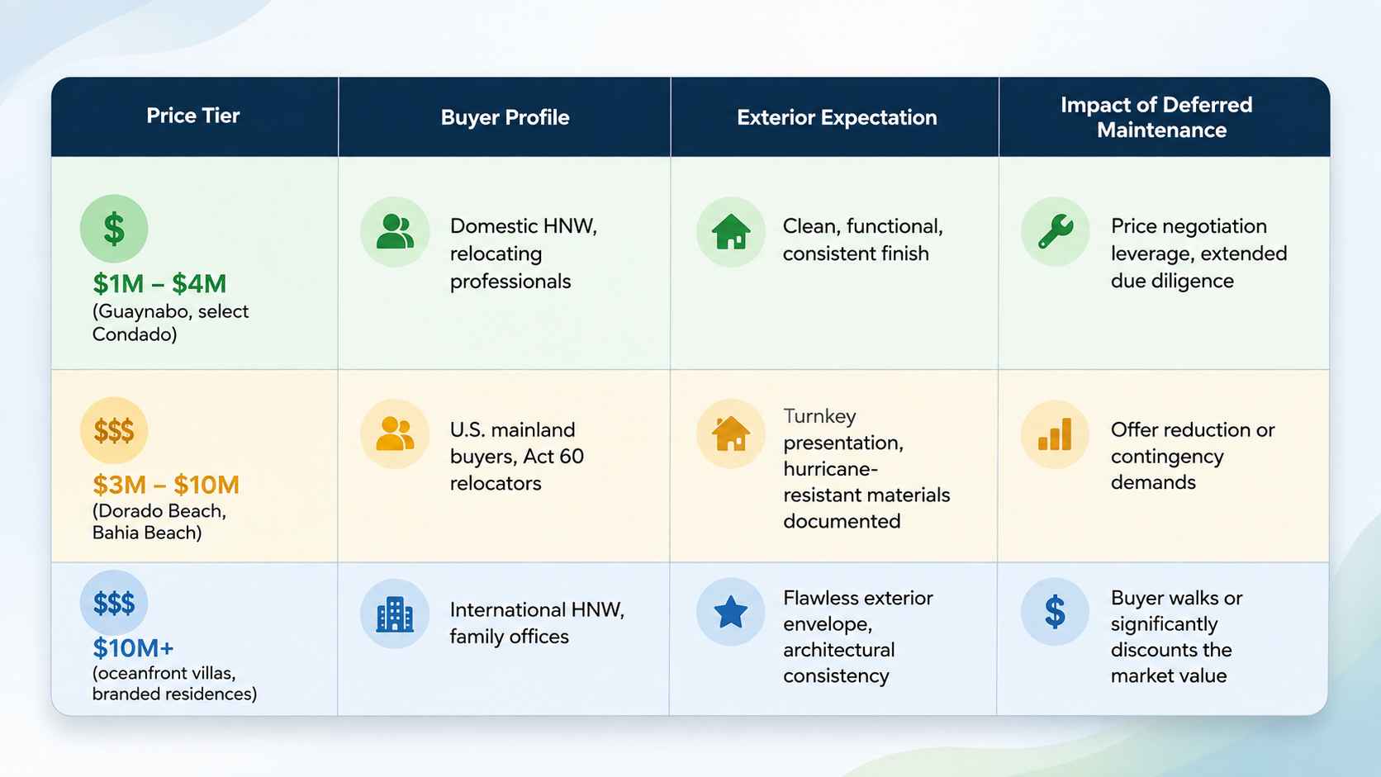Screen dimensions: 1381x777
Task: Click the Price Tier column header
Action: pos(193,116)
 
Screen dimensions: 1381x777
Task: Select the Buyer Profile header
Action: pos(505,117)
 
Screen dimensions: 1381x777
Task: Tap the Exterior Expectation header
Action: pos(837,117)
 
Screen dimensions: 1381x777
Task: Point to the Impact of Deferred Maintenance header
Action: pos(1156,117)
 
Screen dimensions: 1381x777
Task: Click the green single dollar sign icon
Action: pos(114,229)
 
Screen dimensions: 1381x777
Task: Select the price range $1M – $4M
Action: pos(159,283)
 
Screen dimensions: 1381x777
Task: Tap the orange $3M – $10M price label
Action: pos(166,485)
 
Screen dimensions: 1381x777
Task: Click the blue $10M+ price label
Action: pos(133,647)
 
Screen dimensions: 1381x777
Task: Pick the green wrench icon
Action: pos(1056,232)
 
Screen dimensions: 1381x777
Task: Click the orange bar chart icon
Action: pos(1055,434)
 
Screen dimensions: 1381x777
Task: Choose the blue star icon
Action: pos(731,612)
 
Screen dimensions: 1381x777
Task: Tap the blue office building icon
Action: pos(395,614)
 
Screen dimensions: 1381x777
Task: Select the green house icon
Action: pos(731,232)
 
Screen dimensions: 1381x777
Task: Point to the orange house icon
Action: pos(731,434)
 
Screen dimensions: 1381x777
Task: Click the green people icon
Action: pos(395,232)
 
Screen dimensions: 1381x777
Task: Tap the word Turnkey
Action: pos(819,416)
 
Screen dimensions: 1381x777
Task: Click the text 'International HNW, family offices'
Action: pos(537,623)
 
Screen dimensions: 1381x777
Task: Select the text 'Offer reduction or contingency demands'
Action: pos(1193,456)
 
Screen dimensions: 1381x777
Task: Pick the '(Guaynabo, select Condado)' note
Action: pos(170,323)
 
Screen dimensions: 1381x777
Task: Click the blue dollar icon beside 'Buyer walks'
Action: pos(1055,612)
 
